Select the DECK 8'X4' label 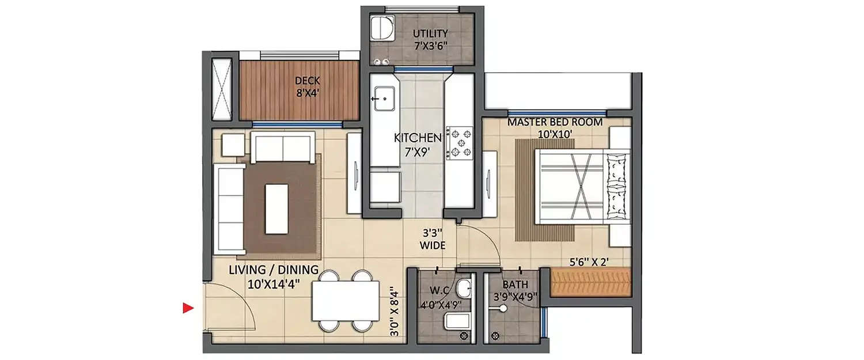click(307, 86)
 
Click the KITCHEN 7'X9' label click(418, 144)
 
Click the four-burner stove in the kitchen click(460, 142)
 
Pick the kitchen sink click(382, 98)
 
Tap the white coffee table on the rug click(276, 209)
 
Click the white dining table click(344, 301)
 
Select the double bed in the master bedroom click(582, 186)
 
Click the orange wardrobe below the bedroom click(591, 282)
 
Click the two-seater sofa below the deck click(282, 147)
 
